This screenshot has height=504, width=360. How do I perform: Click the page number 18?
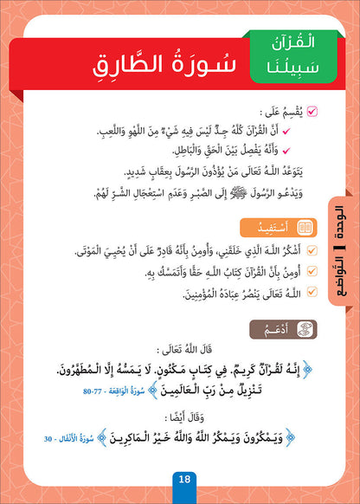coord(181,482)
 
